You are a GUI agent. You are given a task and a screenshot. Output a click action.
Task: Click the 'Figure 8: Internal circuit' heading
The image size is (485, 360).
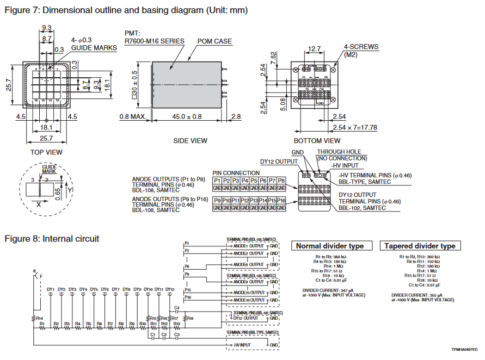click(x=52, y=239)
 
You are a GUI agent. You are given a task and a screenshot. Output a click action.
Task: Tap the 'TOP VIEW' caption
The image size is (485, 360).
click(x=46, y=152)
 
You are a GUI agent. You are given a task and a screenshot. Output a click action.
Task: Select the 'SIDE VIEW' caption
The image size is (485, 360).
click(x=190, y=141)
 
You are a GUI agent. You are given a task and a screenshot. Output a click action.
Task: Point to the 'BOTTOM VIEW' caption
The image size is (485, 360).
click(x=317, y=141)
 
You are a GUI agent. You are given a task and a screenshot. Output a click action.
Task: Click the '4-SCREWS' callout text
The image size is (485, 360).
click(x=361, y=47)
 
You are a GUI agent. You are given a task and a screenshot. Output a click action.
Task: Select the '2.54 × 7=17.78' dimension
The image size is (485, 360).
click(x=354, y=127)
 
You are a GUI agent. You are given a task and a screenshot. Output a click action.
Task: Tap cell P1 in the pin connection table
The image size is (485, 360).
click(x=217, y=181)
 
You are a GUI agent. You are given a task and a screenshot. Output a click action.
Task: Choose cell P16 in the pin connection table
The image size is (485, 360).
click(x=281, y=201)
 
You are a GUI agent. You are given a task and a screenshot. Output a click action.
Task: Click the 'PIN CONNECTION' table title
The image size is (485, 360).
click(x=236, y=173)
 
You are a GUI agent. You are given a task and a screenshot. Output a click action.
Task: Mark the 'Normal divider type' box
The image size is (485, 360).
click(x=330, y=246)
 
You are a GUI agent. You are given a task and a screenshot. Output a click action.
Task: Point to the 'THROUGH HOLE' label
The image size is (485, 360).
click(x=339, y=152)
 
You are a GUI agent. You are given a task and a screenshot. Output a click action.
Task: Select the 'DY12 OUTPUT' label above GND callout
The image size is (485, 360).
click(x=279, y=162)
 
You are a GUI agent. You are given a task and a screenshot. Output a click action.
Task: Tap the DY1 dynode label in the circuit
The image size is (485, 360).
click(x=51, y=289)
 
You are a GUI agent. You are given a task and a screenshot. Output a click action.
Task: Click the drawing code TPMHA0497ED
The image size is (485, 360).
click(x=464, y=349)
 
